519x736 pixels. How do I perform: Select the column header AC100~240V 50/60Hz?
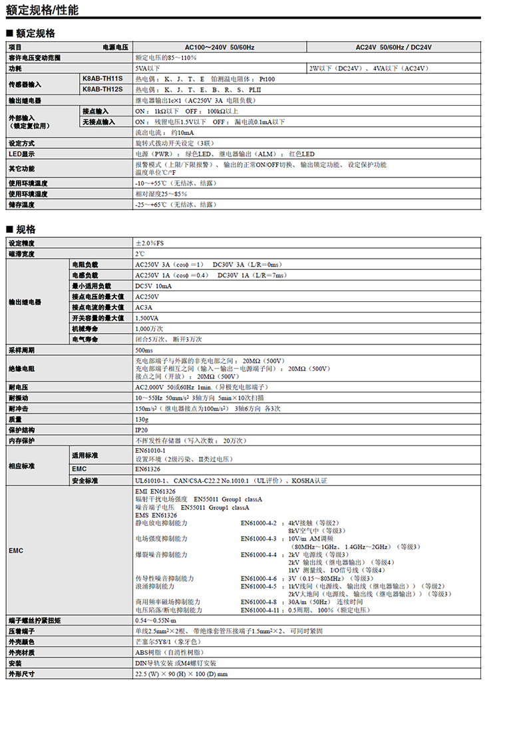pos(220,47)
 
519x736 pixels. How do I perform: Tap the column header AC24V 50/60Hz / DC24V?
pos(394,47)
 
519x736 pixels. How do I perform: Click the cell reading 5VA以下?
pos(147,68)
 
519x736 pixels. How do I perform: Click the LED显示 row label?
pos(22,154)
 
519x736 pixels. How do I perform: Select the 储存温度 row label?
pos(23,205)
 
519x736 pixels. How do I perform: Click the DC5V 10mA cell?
pos(154,286)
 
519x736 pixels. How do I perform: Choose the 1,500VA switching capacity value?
pos(148,318)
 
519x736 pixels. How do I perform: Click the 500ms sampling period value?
pos(144,350)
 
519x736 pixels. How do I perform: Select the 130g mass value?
pos(142,420)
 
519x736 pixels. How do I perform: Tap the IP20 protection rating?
pos(142,430)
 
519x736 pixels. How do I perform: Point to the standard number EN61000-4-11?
pos(260,610)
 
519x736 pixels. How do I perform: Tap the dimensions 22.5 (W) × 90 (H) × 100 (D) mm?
pos(181,674)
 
